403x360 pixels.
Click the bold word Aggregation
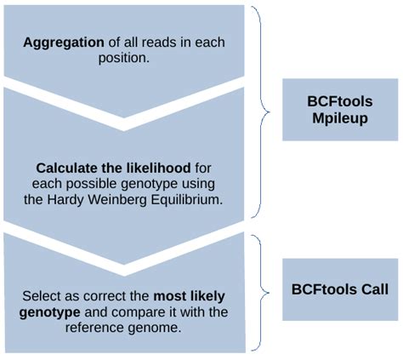[x=59, y=42]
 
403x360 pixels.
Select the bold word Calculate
[x=66, y=168]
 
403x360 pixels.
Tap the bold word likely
[x=205, y=295]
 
